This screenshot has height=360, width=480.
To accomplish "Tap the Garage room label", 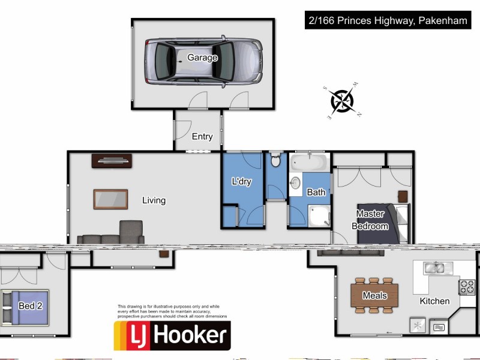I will click(202, 58).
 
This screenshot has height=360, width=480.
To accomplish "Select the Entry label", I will click(202, 137).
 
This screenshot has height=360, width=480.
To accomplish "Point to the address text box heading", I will click(386, 22).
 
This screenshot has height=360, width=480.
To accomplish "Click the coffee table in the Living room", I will click(110, 199).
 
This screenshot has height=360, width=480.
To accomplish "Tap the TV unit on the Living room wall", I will click(112, 160).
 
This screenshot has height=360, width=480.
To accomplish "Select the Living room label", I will click(154, 200).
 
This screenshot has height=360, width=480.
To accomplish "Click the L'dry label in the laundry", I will click(241, 182).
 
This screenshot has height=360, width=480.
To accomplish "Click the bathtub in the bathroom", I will click(308, 163).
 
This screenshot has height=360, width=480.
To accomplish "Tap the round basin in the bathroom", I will click(295, 183).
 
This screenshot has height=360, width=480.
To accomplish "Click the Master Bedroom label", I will click(373, 220).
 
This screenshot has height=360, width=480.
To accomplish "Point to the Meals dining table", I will click(374, 295).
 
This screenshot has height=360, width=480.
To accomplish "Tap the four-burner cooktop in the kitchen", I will click(467, 287).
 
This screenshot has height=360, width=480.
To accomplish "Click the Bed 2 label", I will click(31, 305).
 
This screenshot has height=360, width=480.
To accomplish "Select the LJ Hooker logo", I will click(172, 335).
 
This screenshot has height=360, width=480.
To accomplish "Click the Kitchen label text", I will click(434, 301).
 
